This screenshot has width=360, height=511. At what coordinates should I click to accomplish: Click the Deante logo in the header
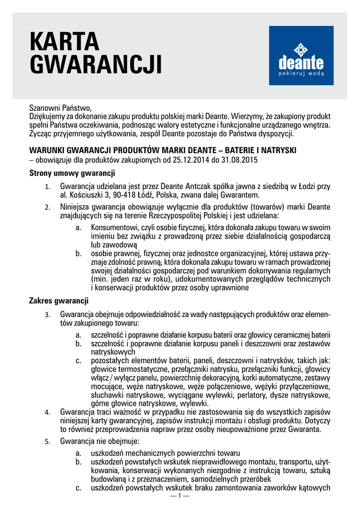click(301, 55)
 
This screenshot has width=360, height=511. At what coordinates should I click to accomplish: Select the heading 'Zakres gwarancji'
click(59, 301)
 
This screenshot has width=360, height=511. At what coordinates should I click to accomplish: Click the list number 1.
click(47, 187)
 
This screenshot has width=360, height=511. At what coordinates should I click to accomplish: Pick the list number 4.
click(47, 412)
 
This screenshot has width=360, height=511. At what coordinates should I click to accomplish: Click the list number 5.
click(47, 442)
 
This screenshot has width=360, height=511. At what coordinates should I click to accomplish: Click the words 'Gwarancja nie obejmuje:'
click(100, 442)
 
